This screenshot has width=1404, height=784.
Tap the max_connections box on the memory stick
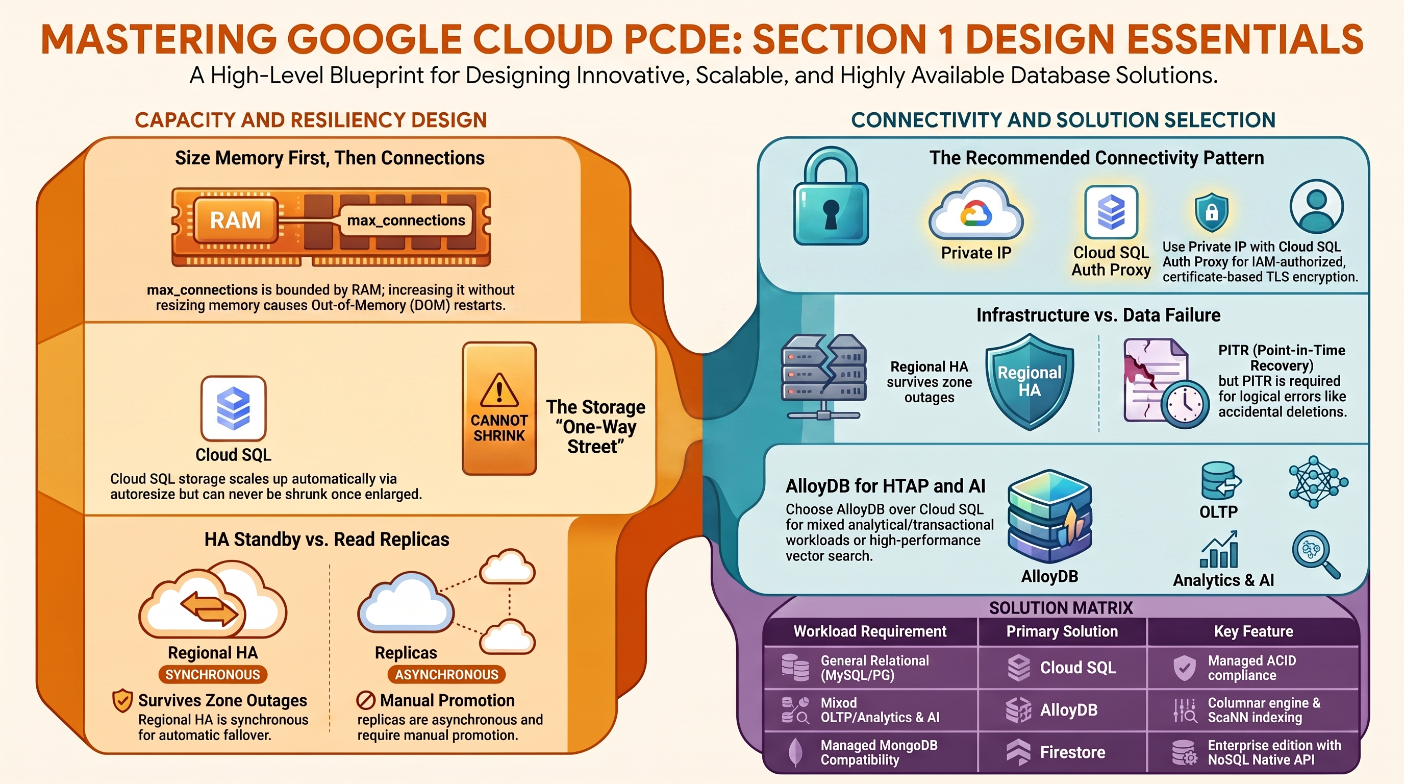pos(406,220)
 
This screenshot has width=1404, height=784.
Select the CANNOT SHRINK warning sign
pos(499,408)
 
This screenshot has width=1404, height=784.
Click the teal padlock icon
pos(831,197)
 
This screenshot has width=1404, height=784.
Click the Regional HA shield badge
pos(1030,382)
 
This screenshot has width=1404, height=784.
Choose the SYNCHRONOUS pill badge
pos(213,674)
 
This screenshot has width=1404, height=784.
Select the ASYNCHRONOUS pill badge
pos(446,674)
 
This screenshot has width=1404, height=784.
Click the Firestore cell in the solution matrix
pos(1062,752)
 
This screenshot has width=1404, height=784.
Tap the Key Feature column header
pos(1253,631)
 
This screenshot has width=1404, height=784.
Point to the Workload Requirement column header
pos(870,631)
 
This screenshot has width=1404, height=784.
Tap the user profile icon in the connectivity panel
pos(1316,208)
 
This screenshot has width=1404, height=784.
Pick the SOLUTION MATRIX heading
pos(1061,608)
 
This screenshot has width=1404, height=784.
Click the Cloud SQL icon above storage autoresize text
pos(233,408)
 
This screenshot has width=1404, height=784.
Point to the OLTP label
pos(1219,512)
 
